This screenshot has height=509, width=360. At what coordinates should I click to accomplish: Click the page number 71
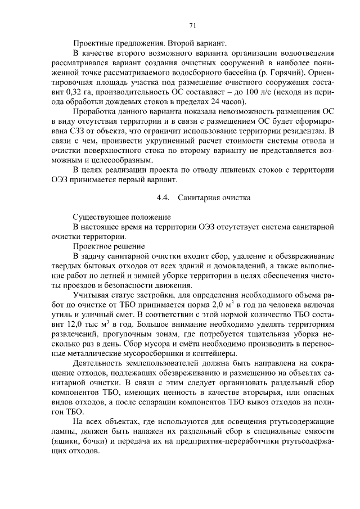[192, 25]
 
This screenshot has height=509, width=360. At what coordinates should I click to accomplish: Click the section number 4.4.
[163, 197]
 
